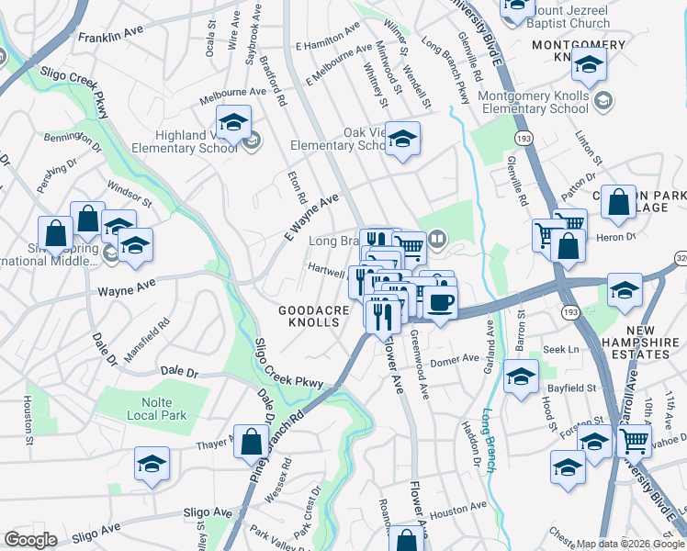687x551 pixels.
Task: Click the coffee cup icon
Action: [440, 303]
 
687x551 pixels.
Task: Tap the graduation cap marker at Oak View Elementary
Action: [402, 140]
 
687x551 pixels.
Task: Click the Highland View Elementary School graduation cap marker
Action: [234, 123]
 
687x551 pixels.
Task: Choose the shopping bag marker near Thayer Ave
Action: [251, 443]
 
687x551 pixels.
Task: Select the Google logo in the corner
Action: [30, 540]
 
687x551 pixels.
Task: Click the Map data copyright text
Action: [630, 543]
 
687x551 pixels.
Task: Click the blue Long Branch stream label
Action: [490, 439]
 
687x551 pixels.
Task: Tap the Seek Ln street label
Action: [560, 349]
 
